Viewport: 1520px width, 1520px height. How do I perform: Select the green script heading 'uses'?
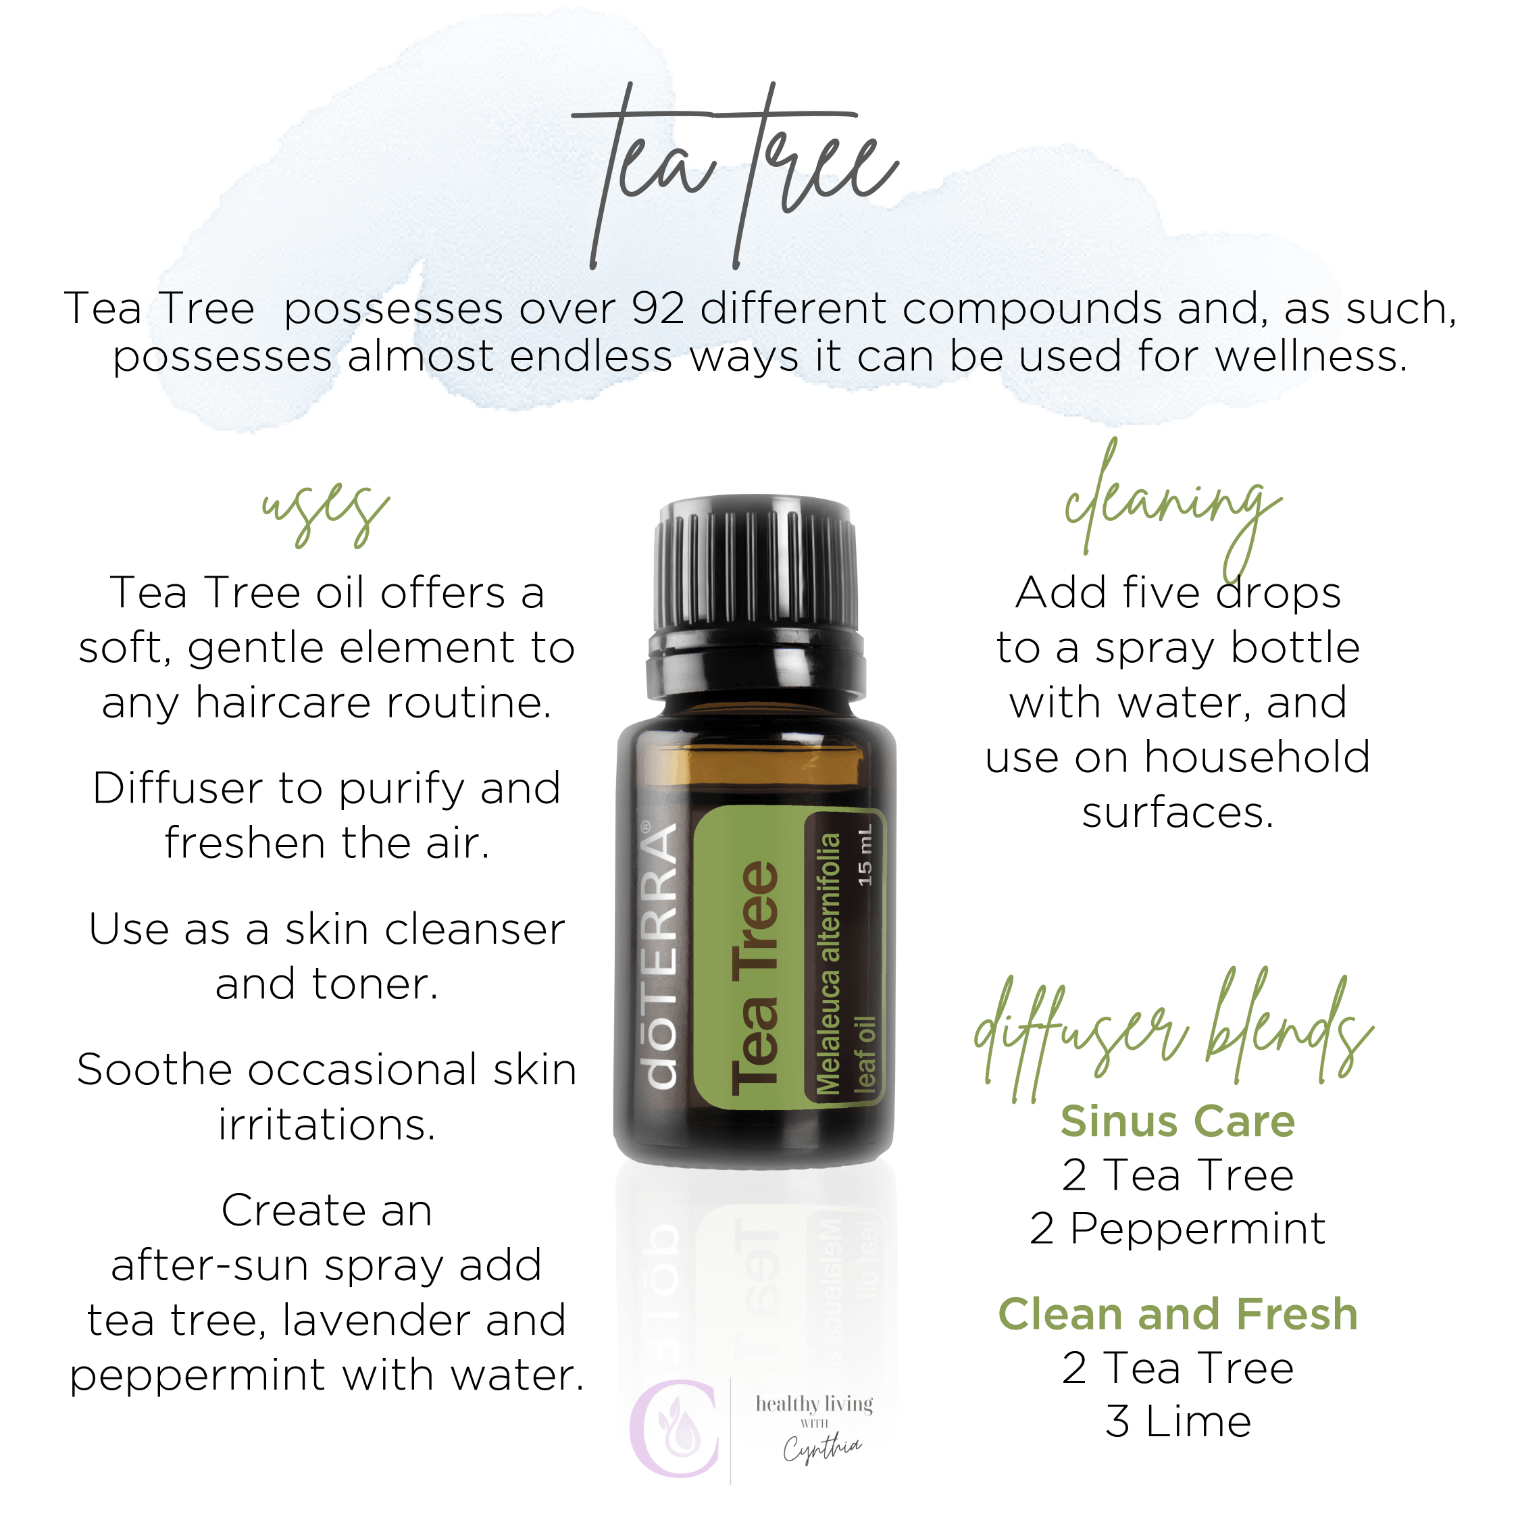click(x=326, y=512)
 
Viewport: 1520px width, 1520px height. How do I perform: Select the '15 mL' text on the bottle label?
click(x=865, y=855)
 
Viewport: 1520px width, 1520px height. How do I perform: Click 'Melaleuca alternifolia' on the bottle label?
click(x=828, y=964)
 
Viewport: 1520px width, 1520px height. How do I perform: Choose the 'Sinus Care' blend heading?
click(x=1177, y=1121)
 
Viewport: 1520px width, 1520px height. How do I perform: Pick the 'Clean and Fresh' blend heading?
click(x=1177, y=1314)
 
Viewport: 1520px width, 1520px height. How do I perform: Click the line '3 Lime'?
click(x=1177, y=1421)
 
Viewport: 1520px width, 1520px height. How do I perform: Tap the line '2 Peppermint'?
click(x=1177, y=1228)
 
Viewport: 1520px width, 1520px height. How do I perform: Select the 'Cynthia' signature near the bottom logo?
click(x=821, y=1447)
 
